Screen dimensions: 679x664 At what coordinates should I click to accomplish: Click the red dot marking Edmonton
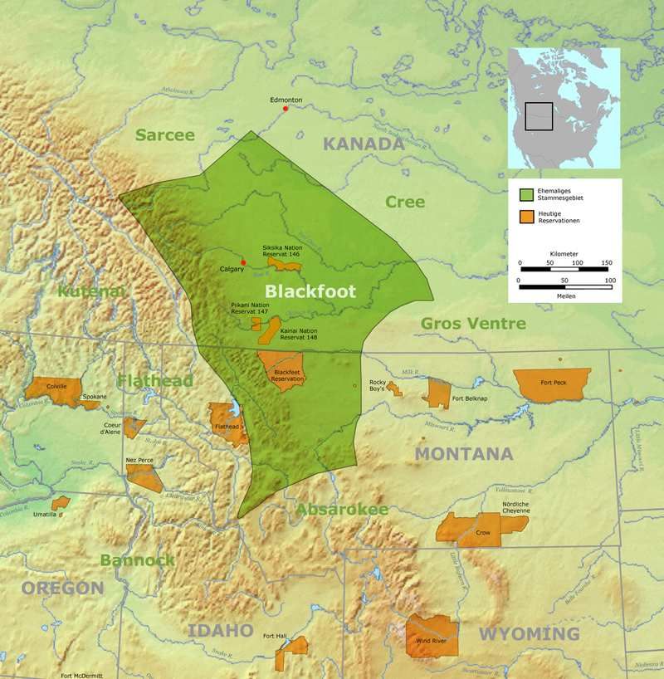[x=286, y=109]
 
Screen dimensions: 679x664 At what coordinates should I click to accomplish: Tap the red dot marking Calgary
[x=243, y=262]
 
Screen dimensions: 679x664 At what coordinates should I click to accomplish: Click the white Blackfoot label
[x=310, y=291]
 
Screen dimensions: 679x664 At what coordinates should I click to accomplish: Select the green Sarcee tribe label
[x=164, y=135]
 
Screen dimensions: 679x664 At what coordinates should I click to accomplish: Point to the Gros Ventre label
[x=473, y=323]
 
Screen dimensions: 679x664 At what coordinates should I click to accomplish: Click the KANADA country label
[x=363, y=144]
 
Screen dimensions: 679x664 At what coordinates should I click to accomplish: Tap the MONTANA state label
[x=463, y=454]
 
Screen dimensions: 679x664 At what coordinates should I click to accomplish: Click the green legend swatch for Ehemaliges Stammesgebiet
[x=526, y=195]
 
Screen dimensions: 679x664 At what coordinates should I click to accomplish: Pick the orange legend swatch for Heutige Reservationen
[x=526, y=217]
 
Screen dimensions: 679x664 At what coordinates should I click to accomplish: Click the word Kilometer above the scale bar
[x=564, y=253]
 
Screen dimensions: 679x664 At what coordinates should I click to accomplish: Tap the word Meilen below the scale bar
[x=564, y=296]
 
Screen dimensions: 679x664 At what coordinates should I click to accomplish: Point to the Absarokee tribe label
[x=342, y=509]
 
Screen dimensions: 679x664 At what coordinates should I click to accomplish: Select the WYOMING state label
[x=529, y=634]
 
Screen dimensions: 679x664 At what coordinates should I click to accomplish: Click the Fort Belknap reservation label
[x=469, y=398]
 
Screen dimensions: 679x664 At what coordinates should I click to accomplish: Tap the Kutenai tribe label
[x=91, y=291]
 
